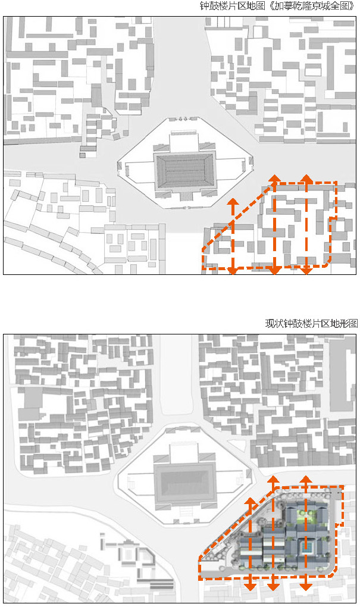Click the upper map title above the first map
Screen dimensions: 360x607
tap(278, 7)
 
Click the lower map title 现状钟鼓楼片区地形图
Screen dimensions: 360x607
tap(312, 324)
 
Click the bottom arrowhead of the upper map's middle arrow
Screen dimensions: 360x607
tap(274, 271)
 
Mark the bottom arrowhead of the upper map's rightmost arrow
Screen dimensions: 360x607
tap(306, 271)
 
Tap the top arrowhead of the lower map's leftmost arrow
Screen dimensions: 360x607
tap(251, 501)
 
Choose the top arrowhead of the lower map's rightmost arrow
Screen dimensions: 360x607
tap(306, 480)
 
